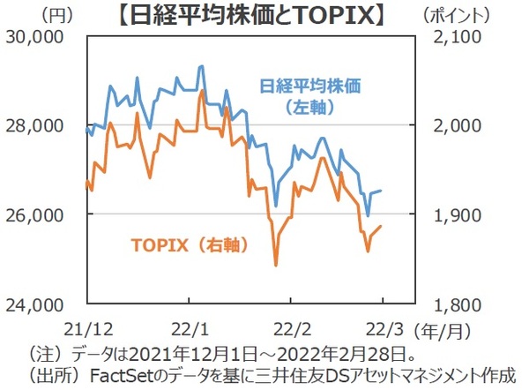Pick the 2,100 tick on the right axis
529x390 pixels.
(x=459, y=36)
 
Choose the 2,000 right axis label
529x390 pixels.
(x=459, y=125)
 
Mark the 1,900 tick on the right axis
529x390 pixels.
(x=459, y=214)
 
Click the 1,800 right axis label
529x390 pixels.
(x=459, y=304)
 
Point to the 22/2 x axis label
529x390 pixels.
(x=288, y=328)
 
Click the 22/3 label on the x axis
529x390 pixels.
(x=384, y=328)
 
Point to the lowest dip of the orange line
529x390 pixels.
(x=276, y=265)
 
